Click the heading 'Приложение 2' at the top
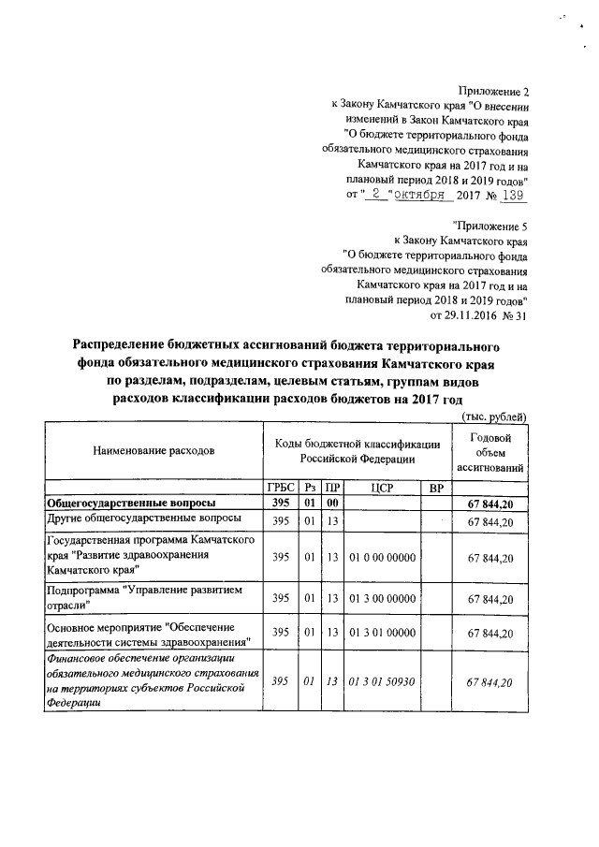pos(493,92)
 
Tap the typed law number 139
pos(514,196)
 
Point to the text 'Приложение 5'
pos(489,225)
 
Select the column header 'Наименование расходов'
pos(153,451)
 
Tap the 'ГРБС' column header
pos(280,489)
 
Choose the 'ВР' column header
pos(434,489)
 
